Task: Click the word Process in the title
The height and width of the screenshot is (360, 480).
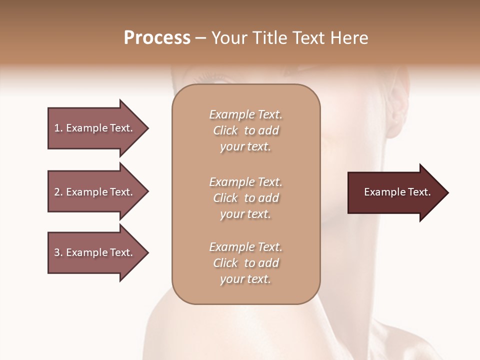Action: coord(157,38)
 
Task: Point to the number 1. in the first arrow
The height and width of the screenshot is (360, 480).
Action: coord(58,128)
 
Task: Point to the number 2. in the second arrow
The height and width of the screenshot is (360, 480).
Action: coord(58,192)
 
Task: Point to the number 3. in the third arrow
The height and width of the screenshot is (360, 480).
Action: coord(58,252)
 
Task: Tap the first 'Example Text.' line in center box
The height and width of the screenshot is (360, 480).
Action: coord(245,114)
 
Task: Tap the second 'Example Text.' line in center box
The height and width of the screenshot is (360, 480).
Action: coord(245,182)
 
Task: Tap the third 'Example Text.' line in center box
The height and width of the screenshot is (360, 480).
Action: coord(245,247)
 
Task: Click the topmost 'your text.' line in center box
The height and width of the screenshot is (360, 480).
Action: coord(245,147)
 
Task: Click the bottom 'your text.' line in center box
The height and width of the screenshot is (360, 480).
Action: coord(245,279)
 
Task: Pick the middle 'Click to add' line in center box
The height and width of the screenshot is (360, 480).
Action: coord(245,198)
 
